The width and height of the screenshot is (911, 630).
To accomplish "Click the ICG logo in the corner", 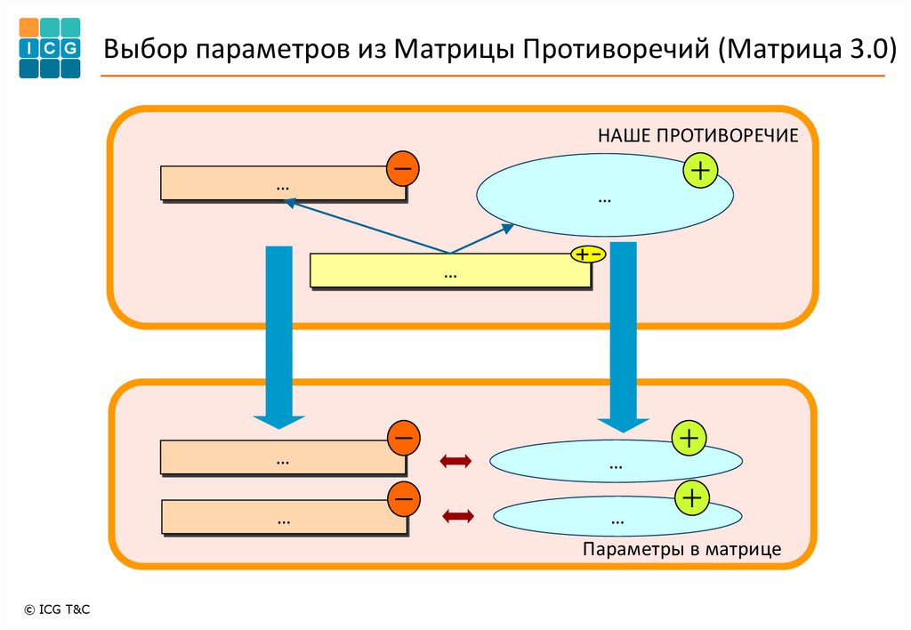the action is click(x=50, y=48).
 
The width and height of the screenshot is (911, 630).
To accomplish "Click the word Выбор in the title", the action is click(x=146, y=49).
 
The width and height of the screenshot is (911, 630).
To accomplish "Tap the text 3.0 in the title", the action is click(x=867, y=49).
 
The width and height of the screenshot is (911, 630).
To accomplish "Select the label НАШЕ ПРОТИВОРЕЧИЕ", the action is click(x=697, y=135).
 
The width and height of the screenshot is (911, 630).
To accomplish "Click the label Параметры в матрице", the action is click(x=682, y=549).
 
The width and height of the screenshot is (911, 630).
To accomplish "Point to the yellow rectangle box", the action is click(x=450, y=271).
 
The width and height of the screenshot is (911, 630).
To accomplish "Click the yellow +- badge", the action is click(x=588, y=254).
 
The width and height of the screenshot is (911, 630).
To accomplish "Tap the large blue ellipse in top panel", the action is click(x=605, y=195).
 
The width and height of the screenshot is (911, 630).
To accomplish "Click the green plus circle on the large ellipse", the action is click(x=700, y=170).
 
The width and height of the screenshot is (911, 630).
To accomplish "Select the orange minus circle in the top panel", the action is click(x=403, y=168).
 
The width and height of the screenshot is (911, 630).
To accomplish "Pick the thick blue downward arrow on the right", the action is click(x=624, y=337).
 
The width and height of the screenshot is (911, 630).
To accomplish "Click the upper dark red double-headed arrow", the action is click(x=455, y=462).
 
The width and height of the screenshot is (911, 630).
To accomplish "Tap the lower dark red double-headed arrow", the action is click(x=458, y=516).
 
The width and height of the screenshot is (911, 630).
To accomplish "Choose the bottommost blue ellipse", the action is click(x=617, y=516).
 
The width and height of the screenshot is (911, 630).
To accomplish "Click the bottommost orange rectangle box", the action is click(x=284, y=517).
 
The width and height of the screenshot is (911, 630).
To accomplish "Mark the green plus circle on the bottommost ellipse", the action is click(x=692, y=498).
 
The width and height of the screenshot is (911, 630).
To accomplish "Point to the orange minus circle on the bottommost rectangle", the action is click(x=403, y=498).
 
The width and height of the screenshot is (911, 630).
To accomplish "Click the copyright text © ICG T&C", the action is click(x=57, y=610).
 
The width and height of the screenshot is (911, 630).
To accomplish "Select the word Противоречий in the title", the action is click(x=616, y=50).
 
